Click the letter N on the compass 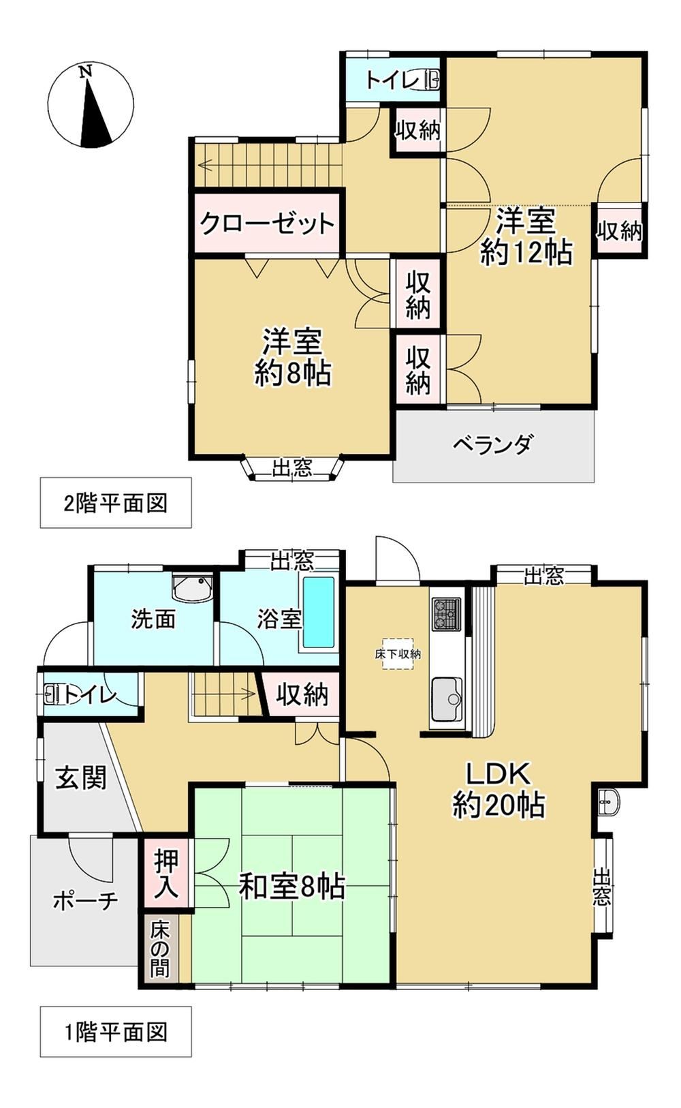click(x=87, y=72)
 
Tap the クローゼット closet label click(x=268, y=224)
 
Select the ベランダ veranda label click(x=493, y=444)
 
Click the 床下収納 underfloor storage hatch click(x=398, y=654)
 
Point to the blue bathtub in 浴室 click(x=318, y=613)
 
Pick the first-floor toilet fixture click(x=52, y=694)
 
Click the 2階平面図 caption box click(x=116, y=503)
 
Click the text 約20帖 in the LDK click(x=498, y=805)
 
